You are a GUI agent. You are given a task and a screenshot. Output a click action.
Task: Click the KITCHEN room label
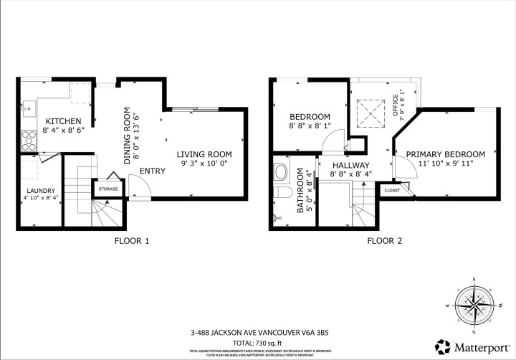[64, 121]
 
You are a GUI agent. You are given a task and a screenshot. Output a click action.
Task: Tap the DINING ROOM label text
[128, 136]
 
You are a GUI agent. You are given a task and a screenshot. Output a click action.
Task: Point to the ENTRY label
[153, 171]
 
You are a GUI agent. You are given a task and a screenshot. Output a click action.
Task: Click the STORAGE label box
[108, 189]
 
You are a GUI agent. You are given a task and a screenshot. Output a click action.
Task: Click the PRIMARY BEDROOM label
[445, 154]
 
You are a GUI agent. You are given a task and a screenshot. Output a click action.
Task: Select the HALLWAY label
[350, 165]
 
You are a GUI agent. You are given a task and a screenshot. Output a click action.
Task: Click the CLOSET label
[392, 190]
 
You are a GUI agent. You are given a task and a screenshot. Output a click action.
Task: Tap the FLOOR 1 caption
[132, 241]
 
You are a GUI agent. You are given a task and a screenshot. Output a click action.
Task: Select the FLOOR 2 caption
[384, 241]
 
